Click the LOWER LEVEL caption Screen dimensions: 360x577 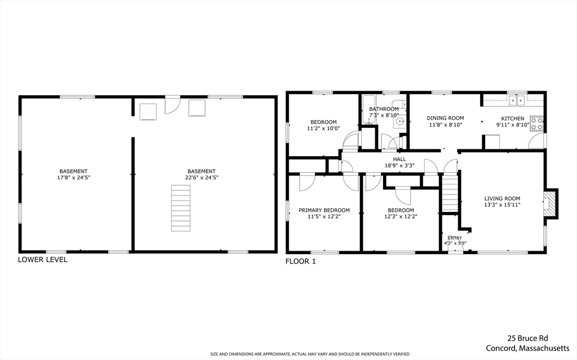[43, 260]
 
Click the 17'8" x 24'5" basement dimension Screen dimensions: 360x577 [74, 177]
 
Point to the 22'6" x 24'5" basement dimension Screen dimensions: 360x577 [201, 177]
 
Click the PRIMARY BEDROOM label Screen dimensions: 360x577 [324, 210]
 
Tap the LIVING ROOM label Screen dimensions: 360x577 [502, 198]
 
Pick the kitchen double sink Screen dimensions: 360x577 [516, 100]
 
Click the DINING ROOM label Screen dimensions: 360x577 [445, 118]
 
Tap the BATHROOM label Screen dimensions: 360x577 [384, 109]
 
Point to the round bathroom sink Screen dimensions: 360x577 [400, 120]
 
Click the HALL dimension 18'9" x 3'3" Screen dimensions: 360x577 [400, 166]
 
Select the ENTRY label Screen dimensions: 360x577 [455, 238]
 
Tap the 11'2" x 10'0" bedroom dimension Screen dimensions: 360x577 [323, 128]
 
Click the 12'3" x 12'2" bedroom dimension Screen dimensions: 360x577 [401, 216]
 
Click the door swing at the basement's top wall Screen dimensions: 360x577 [172, 105]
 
